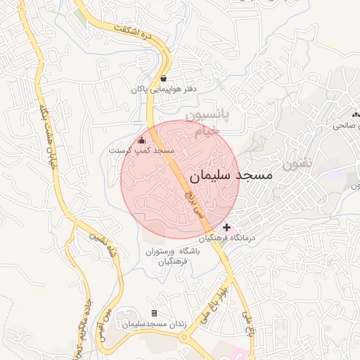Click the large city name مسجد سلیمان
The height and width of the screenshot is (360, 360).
230,176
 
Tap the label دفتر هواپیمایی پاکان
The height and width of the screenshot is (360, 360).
163,89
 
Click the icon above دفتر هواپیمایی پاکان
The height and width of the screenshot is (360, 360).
164,78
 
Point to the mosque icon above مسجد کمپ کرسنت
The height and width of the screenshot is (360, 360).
141,139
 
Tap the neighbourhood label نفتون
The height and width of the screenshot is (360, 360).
296,165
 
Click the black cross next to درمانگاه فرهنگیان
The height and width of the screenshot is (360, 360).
226,228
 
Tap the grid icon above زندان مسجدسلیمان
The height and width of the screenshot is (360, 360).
154,313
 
